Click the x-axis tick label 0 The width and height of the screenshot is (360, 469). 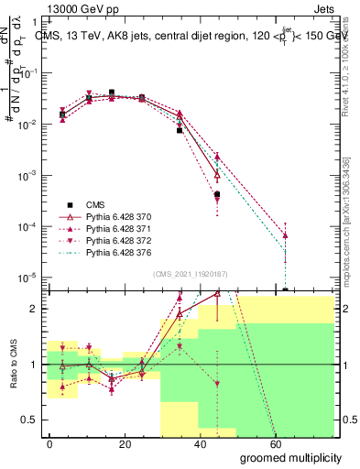point(50,444)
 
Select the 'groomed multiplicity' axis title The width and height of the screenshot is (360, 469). point(290,457)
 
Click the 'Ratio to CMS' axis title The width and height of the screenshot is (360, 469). point(12,365)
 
